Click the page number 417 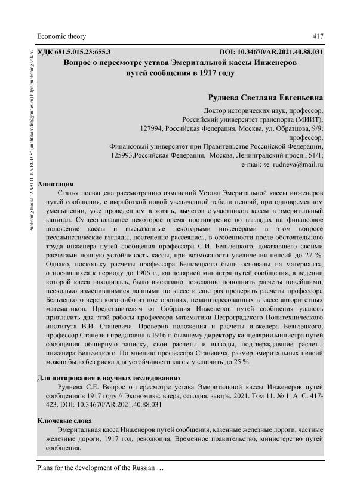318,35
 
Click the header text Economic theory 60,35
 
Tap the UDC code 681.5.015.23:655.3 82,52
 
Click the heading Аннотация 55,184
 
